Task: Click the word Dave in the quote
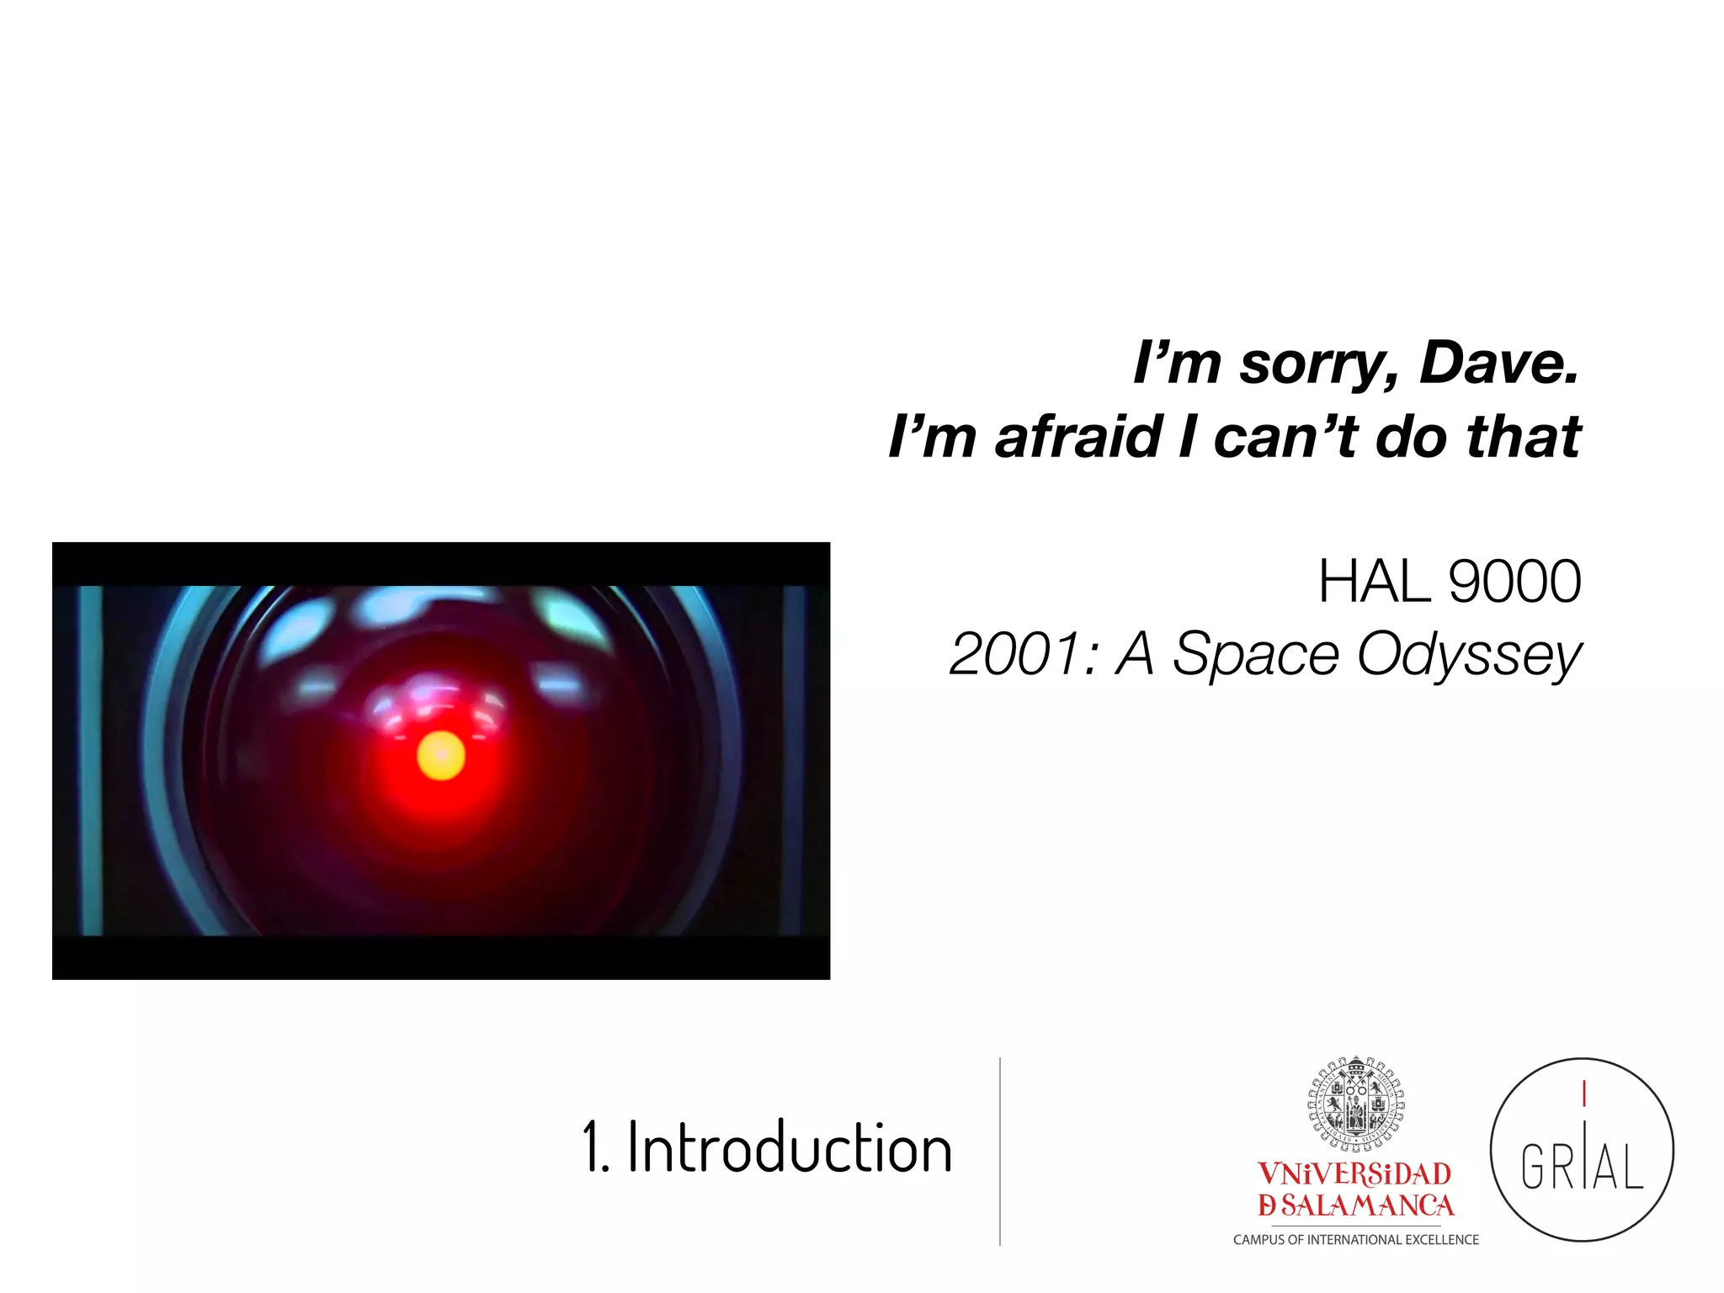[1498, 364]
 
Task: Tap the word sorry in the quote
[1318, 365]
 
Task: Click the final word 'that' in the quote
[1524, 438]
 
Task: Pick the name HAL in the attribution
[1374, 582]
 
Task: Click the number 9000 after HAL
[1515, 582]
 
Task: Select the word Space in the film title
[1255, 655]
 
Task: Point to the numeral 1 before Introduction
[591, 1148]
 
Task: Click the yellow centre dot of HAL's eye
[441, 755]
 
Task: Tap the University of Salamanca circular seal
[1356, 1103]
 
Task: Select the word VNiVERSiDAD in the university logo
[1354, 1173]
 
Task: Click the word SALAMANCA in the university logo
[1367, 1205]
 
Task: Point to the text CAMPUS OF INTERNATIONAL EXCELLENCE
[1355, 1240]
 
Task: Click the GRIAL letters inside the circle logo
[1582, 1167]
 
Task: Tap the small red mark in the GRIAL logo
[1584, 1094]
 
